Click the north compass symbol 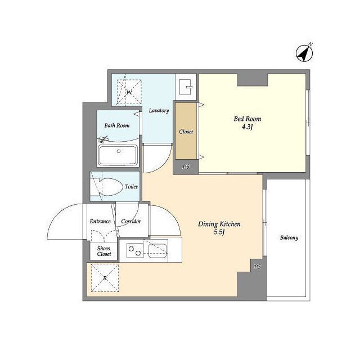(x=304, y=53)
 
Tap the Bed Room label (x=247, y=119)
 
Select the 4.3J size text (x=247, y=127)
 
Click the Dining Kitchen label (x=219, y=224)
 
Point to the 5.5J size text (x=219, y=232)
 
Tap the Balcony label (x=289, y=237)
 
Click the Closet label (x=186, y=132)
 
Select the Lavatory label (x=159, y=111)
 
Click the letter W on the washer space (x=129, y=92)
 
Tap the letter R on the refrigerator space (x=105, y=278)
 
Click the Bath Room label (x=117, y=125)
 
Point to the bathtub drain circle (x=119, y=151)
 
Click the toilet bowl (x=111, y=187)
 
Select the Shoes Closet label (x=103, y=251)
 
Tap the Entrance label (x=100, y=221)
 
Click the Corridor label (x=131, y=221)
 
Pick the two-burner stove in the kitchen (x=135, y=250)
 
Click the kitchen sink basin (x=157, y=251)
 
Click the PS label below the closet (x=186, y=166)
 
